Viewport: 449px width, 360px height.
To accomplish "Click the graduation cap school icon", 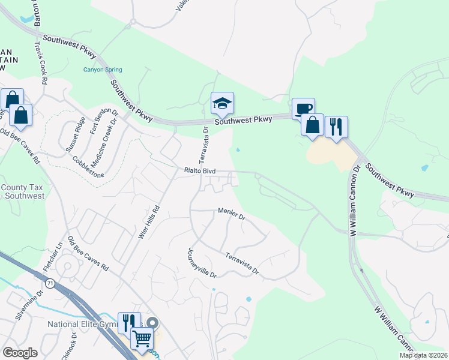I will (x=222, y=104).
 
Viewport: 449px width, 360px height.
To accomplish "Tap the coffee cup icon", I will (x=303, y=109).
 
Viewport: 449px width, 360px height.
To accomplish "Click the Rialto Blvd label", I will (x=200, y=171).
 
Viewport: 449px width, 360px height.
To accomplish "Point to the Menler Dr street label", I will (x=232, y=213).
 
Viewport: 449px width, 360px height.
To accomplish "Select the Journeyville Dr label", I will (x=202, y=262).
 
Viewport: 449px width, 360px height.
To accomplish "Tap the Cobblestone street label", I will (x=88, y=167).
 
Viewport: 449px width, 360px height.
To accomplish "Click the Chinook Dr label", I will (x=68, y=347).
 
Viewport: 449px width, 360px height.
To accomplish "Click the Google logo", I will (x=20, y=353).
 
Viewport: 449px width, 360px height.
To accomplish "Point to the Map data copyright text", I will (x=423, y=355).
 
